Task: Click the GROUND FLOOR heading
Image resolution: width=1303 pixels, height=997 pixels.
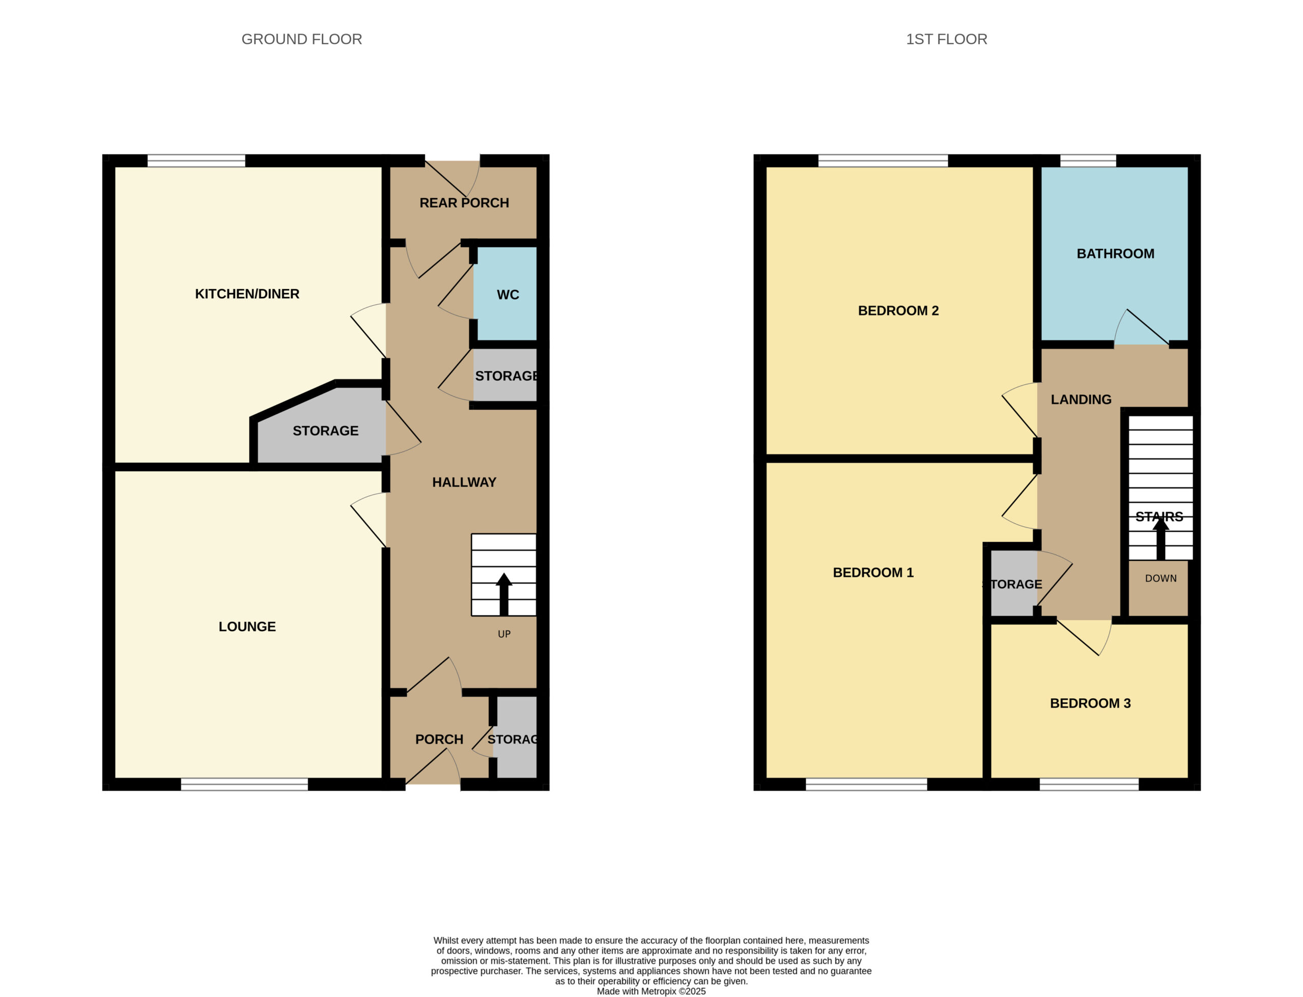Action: [x=301, y=39]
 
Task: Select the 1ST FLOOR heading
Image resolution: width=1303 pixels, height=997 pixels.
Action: [x=946, y=39]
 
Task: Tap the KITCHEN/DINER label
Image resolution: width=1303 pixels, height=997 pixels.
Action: [x=247, y=294]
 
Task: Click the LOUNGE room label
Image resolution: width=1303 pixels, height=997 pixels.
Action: [x=247, y=626]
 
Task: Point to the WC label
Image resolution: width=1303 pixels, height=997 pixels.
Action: [x=508, y=295]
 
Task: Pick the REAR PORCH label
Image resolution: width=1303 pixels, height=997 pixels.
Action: [x=464, y=203]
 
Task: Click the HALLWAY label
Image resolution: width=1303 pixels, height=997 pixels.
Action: [x=464, y=482]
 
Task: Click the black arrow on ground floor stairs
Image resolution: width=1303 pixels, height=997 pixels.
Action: [x=504, y=594]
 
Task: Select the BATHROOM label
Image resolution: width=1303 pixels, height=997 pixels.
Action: [x=1116, y=254]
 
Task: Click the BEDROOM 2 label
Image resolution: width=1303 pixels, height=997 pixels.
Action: [x=898, y=311]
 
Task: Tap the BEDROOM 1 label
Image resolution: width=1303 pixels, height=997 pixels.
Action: [x=873, y=573]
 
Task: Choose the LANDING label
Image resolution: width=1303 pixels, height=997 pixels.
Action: [x=1081, y=400]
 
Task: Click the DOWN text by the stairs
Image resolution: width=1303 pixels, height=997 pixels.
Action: [x=1160, y=579]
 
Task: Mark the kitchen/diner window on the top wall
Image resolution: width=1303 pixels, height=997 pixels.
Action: [x=196, y=161]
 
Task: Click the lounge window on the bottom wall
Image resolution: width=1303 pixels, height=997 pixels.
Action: [x=244, y=784]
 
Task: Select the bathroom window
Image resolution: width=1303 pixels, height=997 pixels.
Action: [x=1088, y=161]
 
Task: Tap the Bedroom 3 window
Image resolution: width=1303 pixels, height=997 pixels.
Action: [x=1089, y=784]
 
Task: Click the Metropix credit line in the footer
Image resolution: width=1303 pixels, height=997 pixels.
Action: [x=651, y=991]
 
